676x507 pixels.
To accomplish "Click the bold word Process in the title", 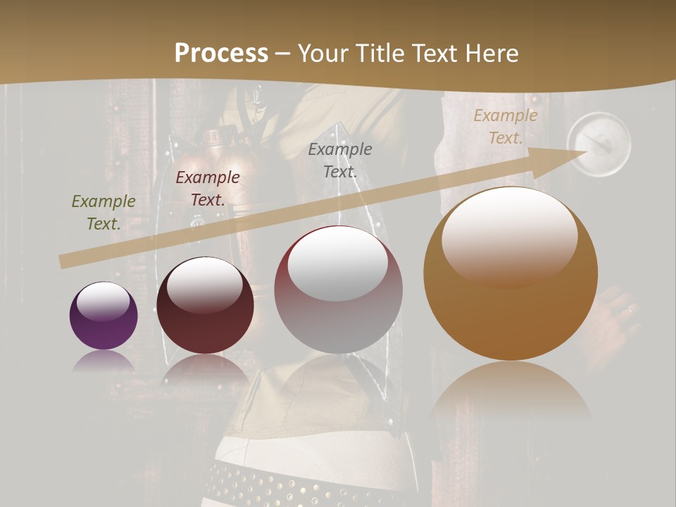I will click(x=221, y=54).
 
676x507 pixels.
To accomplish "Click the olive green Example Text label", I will click(x=104, y=213).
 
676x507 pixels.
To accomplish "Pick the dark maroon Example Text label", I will click(x=208, y=189).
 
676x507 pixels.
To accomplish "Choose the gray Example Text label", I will click(x=340, y=161).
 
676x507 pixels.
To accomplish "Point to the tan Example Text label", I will click(x=506, y=127).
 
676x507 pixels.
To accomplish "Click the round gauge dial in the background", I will click(x=599, y=144).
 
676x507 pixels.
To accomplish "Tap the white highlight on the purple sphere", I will click(x=103, y=301).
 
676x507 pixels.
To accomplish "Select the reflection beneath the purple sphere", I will click(x=104, y=362).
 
